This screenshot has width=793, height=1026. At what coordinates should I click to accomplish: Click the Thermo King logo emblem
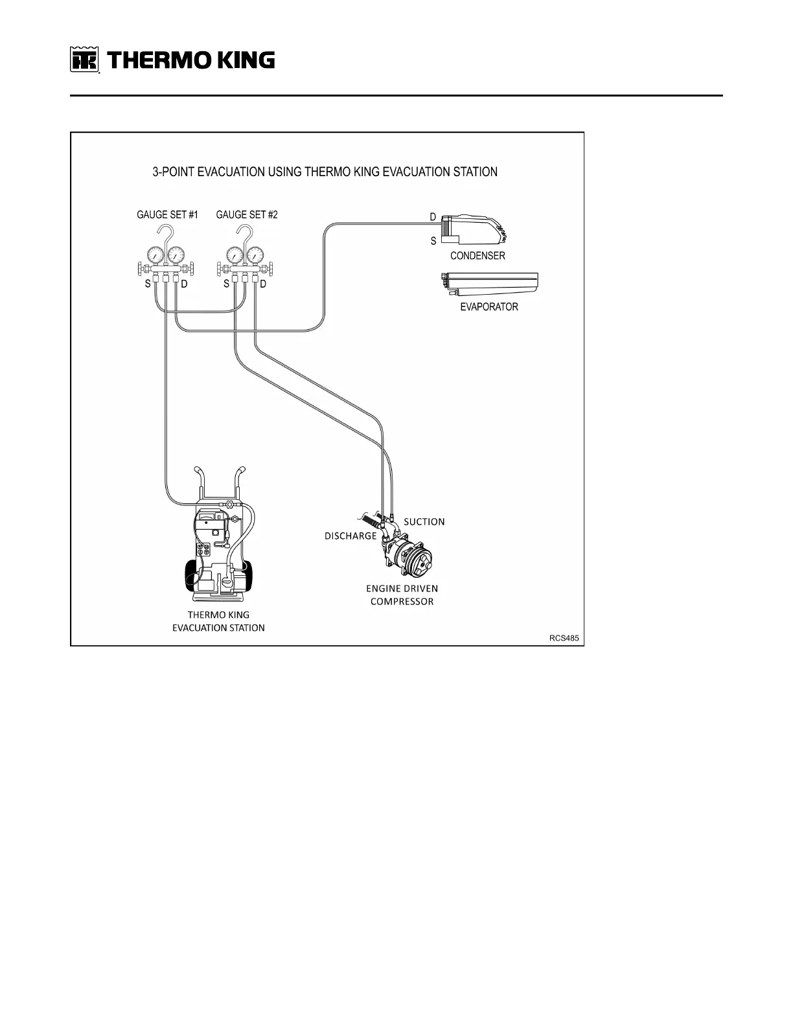84,61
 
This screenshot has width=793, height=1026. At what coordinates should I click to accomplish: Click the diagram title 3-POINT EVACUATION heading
325,172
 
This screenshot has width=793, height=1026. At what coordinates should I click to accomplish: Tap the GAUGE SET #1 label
167,215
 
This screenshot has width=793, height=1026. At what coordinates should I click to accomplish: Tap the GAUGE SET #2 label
247,215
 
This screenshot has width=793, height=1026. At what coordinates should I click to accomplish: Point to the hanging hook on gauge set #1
168,234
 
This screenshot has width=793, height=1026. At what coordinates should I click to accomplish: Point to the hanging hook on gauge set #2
244,234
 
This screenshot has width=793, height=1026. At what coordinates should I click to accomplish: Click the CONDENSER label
477,256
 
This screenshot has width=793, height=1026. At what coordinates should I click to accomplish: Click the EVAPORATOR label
489,307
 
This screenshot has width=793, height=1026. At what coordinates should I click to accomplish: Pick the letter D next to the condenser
433,218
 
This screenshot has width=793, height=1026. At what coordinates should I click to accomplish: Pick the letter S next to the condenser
433,241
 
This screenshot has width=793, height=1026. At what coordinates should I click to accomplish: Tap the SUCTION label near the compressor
424,521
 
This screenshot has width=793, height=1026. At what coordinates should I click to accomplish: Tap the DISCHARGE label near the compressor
351,536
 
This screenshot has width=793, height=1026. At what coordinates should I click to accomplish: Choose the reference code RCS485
564,638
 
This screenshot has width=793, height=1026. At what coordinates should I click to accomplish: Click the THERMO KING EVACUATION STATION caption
218,621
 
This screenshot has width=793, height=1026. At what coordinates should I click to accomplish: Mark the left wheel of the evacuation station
192,574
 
